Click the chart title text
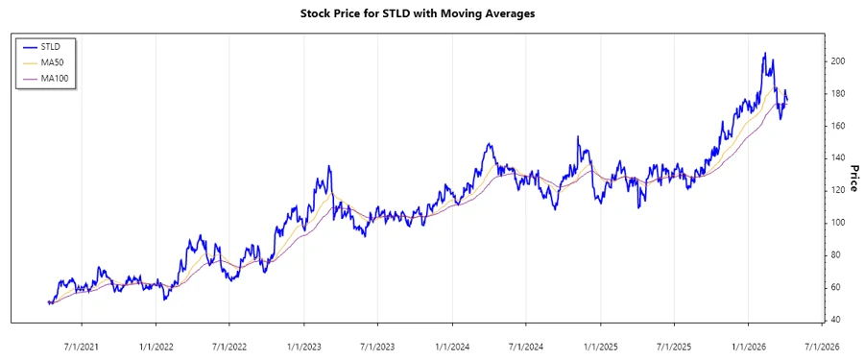pos(431,13)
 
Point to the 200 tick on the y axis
pos(838,60)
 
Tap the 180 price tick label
pos(838,93)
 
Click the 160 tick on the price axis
pos(838,126)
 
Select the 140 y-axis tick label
pos(838,157)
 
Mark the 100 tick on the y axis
pos(838,223)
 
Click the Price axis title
pos(853,177)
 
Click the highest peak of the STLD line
pos(764,54)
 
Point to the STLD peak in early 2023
pos(329,166)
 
